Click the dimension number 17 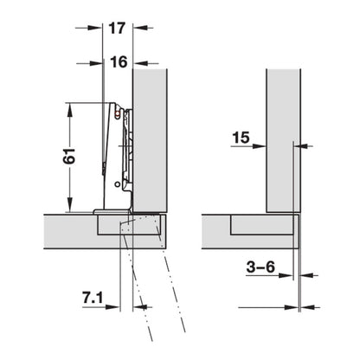[x=117, y=27]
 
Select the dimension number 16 [x=117, y=62]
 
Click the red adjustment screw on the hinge [x=116, y=112]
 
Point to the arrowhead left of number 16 [x=97, y=62]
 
